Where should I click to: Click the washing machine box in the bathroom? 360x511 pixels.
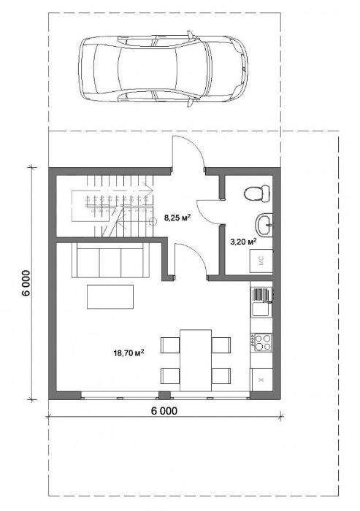pos(261,261)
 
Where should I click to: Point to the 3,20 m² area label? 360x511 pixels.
pos(241,240)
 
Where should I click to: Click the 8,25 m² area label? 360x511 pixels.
pos(177,218)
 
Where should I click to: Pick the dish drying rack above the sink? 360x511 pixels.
pos(261,295)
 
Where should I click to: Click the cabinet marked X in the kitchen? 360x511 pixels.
pos(261,380)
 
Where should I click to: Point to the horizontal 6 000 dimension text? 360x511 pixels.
pos(164,410)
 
